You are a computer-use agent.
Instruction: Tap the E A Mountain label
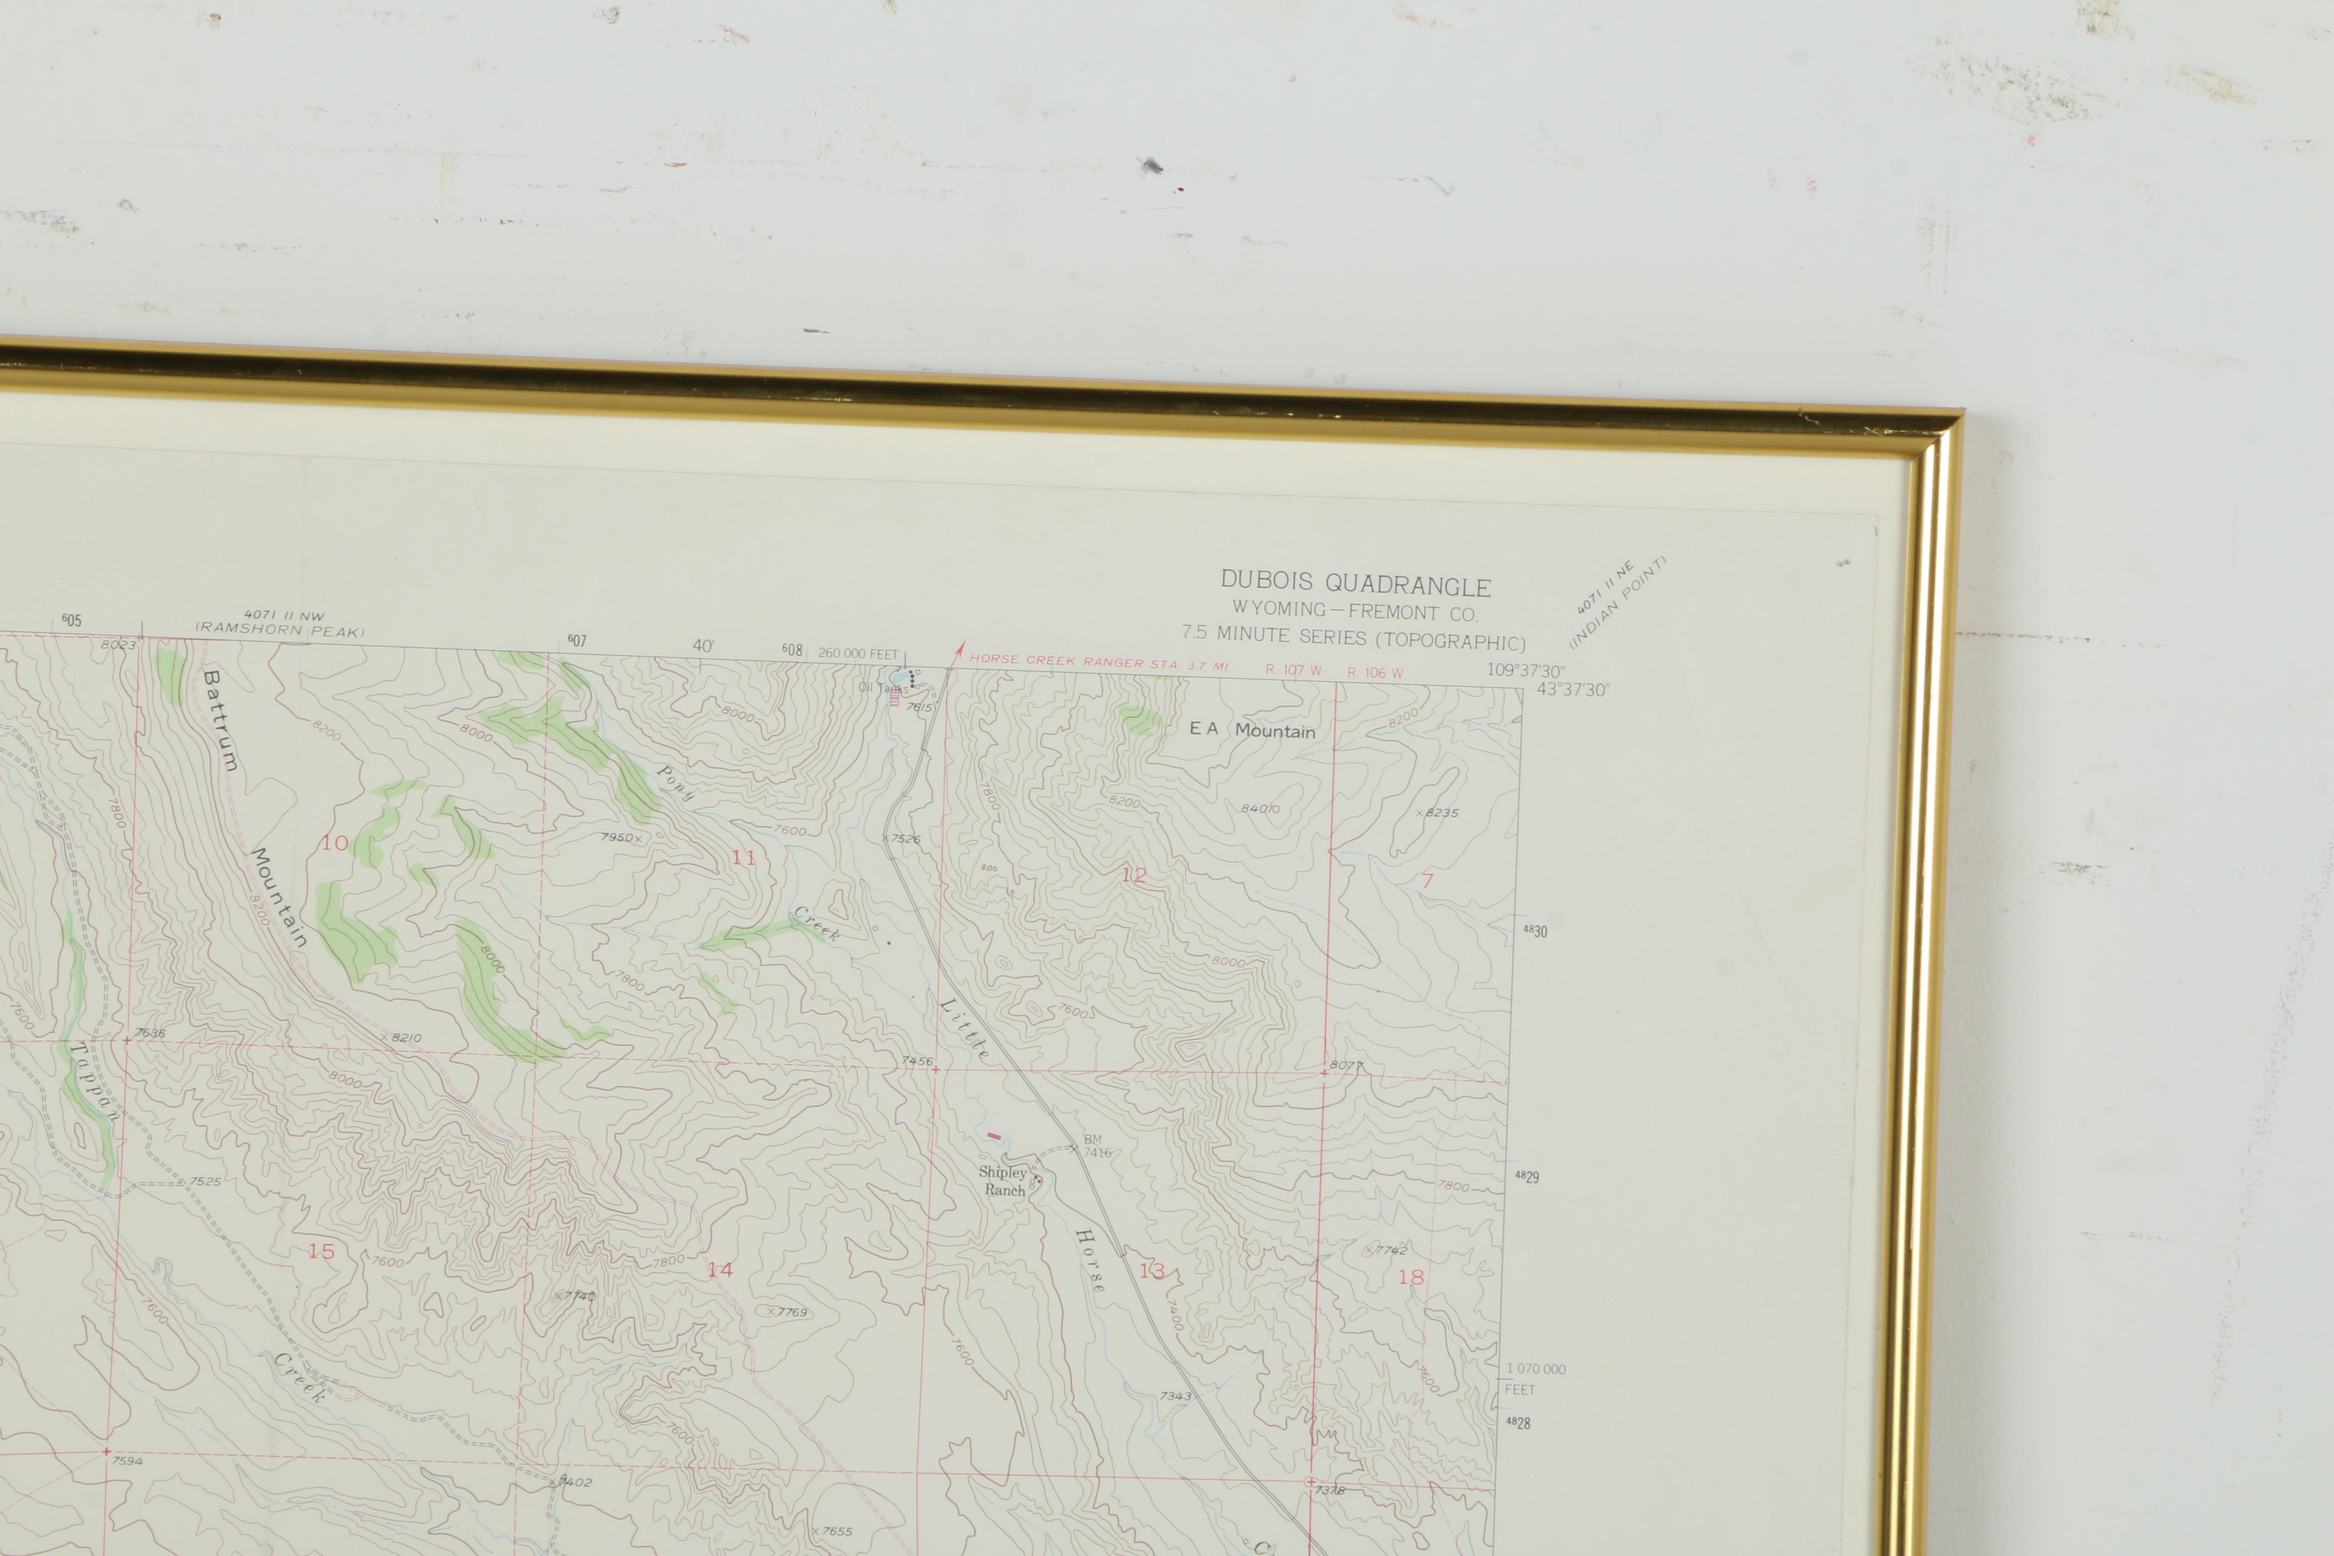(x=1252, y=730)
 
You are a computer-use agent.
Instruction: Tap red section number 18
(x=1410, y=1277)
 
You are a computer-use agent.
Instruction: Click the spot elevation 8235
(x=1440, y=813)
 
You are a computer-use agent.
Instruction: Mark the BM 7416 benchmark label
(x=1095, y=1146)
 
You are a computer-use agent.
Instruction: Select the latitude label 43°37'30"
(x=1573, y=690)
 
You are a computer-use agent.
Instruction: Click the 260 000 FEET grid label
(x=857, y=654)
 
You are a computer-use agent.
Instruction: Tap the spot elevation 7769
(x=790, y=1312)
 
